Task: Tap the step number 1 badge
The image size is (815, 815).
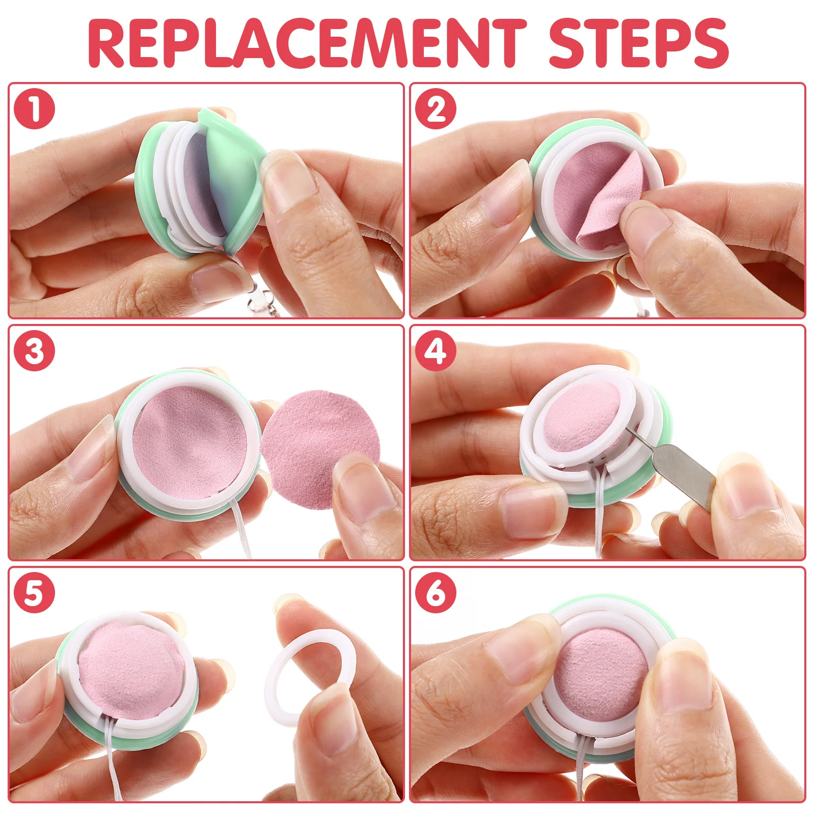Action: [34, 109]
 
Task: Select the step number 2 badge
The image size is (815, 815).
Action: [436, 109]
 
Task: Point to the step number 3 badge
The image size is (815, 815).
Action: [34, 351]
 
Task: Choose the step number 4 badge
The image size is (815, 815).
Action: [436, 351]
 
